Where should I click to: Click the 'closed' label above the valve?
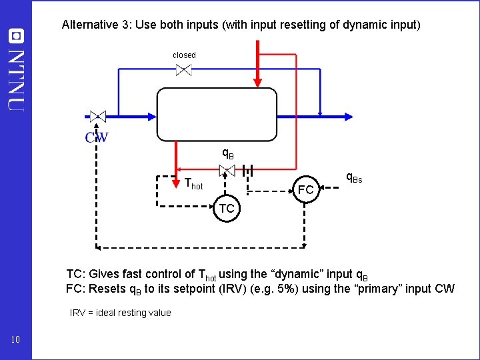184,55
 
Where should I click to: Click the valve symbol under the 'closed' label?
184,69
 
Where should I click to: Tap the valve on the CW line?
97,116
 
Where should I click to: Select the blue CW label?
97,138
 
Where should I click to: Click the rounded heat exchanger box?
217,114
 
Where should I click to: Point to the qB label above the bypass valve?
227,154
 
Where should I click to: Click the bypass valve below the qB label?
227,171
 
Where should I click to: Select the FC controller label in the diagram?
306,190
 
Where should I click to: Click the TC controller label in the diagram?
227,209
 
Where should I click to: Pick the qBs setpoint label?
353,178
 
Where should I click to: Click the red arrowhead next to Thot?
177,167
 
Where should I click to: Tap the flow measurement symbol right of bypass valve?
247,171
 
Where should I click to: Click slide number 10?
16,341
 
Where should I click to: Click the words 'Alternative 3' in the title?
93,25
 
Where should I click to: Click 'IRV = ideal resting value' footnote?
121,313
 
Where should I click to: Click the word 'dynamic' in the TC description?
306,274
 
